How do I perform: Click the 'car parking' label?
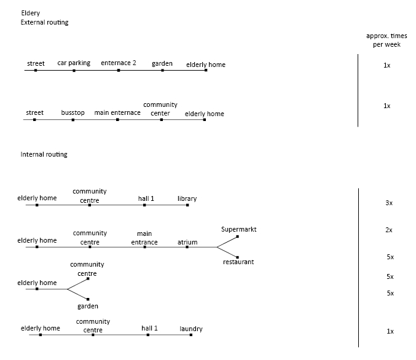(x=74, y=63)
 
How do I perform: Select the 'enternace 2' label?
(x=119, y=63)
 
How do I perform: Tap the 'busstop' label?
(x=73, y=112)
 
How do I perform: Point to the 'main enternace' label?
(x=117, y=112)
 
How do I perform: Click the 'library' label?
(x=187, y=198)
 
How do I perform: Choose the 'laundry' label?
(x=191, y=329)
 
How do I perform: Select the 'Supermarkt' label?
(x=239, y=230)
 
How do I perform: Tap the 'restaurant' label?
(x=238, y=262)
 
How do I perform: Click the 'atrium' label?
(x=187, y=242)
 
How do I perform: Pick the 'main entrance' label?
(x=144, y=238)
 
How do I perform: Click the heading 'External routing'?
(x=44, y=22)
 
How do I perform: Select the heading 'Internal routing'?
(x=44, y=154)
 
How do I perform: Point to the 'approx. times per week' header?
(x=387, y=40)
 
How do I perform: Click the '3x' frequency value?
(x=389, y=203)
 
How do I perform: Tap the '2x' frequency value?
(x=389, y=230)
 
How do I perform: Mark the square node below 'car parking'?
(x=74, y=71)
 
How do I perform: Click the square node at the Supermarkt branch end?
(x=237, y=237)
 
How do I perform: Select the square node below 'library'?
(x=187, y=205)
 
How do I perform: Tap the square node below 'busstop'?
(x=73, y=120)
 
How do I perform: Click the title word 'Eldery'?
(x=31, y=13)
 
